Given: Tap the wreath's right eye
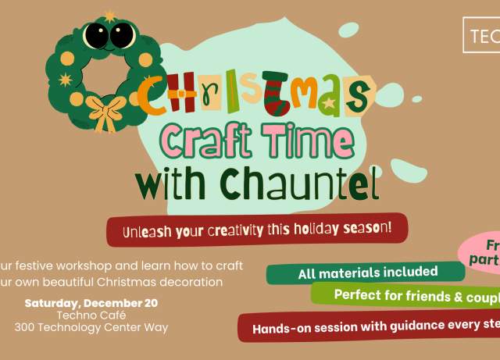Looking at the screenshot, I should pos(121,34).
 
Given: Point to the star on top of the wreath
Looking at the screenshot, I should pos(109,16).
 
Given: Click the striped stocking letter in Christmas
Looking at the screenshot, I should pos(276,98).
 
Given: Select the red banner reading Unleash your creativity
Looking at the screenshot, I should pos(257,230).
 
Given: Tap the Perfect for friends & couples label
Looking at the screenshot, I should pos(406,294).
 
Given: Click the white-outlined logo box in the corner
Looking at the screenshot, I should pos(483,35).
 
